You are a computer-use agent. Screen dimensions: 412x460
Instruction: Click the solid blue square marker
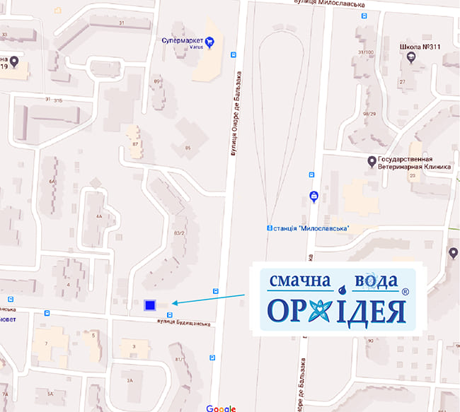[149, 305]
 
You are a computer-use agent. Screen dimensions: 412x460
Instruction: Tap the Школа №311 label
[420, 47]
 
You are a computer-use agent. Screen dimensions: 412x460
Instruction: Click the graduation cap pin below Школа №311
[411, 59]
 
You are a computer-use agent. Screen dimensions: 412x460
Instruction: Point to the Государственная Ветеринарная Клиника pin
[372, 161]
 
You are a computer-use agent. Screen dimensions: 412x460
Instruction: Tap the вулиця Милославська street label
[328, 4]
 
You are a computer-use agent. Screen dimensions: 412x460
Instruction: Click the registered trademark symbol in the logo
[404, 291]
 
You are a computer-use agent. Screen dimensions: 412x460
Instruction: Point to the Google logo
[221, 408]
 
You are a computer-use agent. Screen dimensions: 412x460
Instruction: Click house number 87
[134, 144]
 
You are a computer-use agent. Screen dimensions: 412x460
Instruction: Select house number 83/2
[179, 233]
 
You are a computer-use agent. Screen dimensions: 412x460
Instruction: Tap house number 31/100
[366, 52]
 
